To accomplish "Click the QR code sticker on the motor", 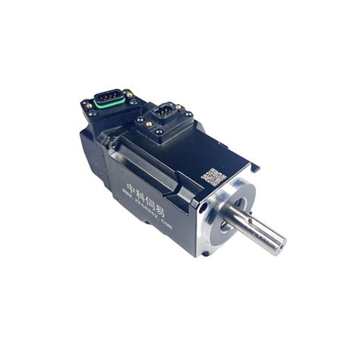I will click(213, 176).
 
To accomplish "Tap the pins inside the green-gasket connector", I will click(108, 99).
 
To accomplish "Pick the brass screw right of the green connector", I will click(130, 95).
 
